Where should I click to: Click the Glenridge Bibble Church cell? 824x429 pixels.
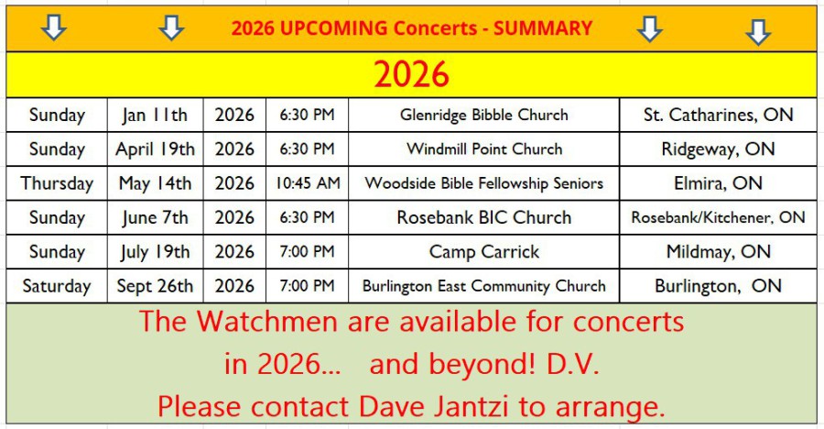coord(484,115)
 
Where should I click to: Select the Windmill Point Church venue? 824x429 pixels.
coord(484,149)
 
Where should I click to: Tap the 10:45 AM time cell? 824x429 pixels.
coord(308,183)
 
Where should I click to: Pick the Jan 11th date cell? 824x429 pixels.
coord(155,115)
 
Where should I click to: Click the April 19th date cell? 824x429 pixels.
coord(155,149)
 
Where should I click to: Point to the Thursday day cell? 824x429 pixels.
coord(57,183)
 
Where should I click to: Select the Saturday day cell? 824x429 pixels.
coord(57,286)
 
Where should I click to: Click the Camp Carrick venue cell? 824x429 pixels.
coord(484,251)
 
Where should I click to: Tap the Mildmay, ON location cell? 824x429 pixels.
coord(719,251)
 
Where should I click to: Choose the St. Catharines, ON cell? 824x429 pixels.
coord(719,115)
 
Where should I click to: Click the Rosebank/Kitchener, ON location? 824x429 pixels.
coord(719,217)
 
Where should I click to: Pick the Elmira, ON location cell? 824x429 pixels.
coord(719,183)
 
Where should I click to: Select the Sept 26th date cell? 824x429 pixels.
coord(155,286)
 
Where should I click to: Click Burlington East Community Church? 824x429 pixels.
coord(484,286)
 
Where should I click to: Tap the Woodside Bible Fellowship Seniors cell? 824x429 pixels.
coord(484,183)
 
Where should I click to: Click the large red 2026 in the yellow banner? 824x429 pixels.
coord(411,74)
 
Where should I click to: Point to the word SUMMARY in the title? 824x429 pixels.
coord(543,27)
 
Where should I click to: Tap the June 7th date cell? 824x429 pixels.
coord(155,217)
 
